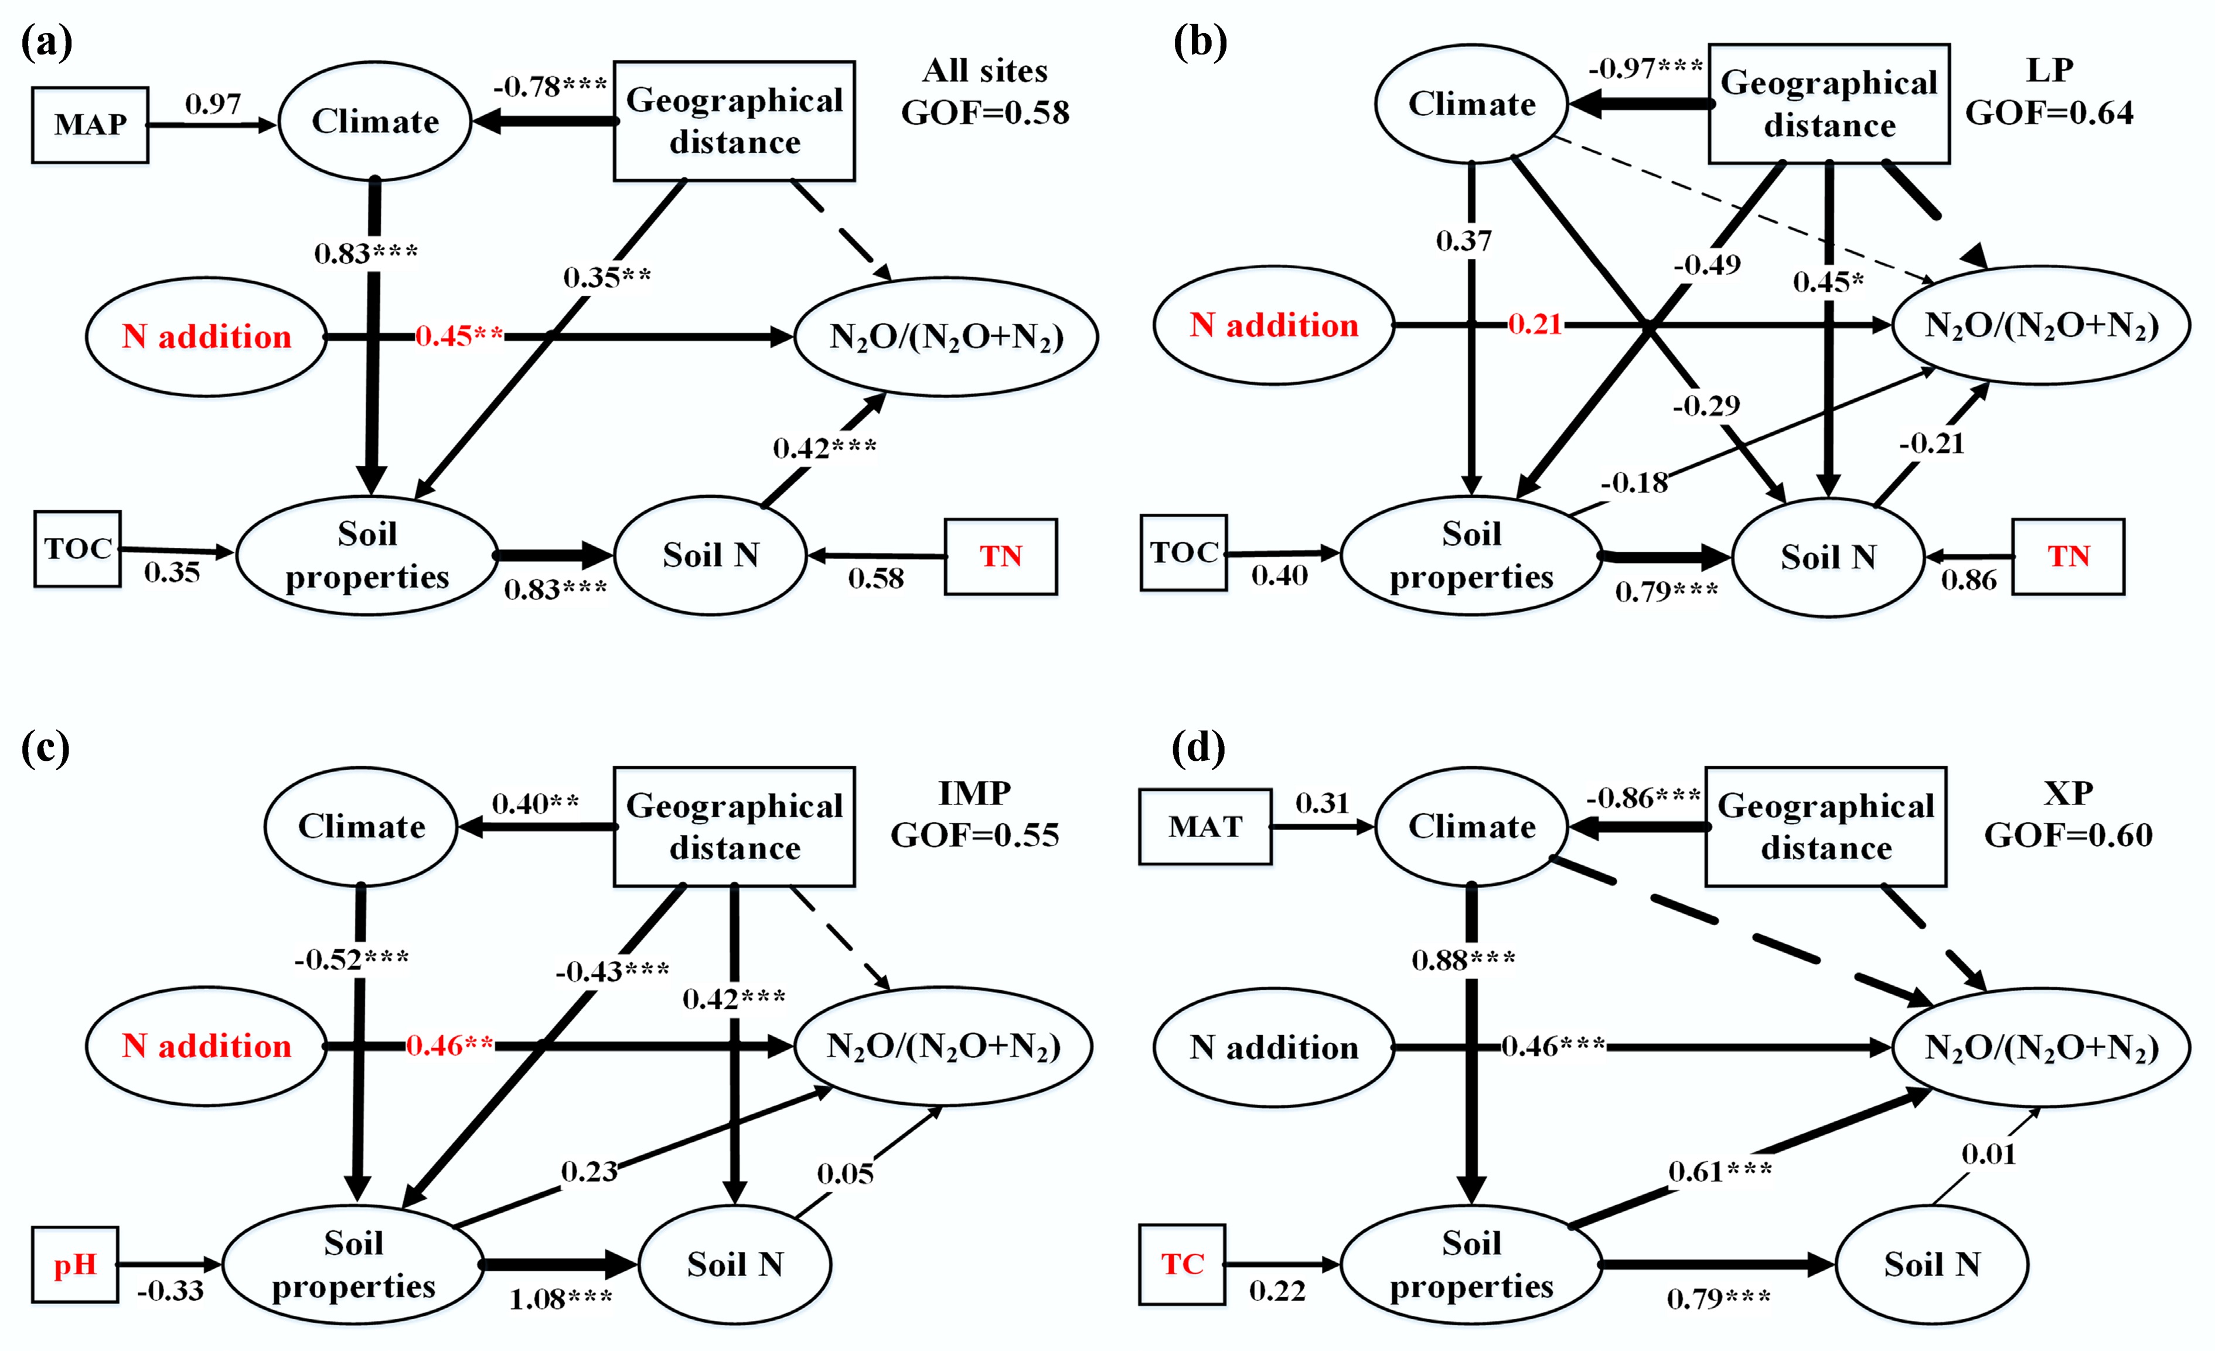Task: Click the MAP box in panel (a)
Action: coord(90,125)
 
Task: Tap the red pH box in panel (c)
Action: coord(74,1265)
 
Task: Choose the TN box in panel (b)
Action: coord(2067,557)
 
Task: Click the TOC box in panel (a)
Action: coord(77,549)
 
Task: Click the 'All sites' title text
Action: coord(985,71)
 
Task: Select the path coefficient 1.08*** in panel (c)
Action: coord(560,1299)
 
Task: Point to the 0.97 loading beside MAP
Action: coord(213,104)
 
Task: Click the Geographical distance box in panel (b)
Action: coord(1828,104)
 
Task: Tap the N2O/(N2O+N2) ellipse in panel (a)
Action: coord(946,337)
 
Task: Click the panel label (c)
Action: coord(45,748)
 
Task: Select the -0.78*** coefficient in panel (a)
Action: coord(549,87)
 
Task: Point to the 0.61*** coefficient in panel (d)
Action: coord(1719,1171)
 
